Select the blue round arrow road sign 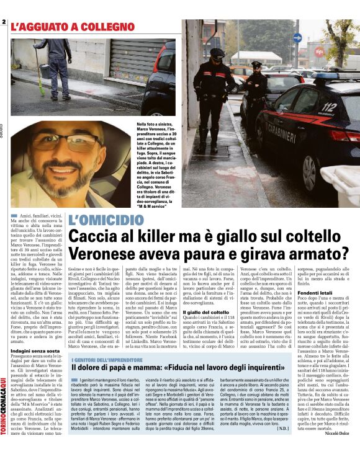tap(297, 37)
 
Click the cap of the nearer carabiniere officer tap(217, 53)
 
